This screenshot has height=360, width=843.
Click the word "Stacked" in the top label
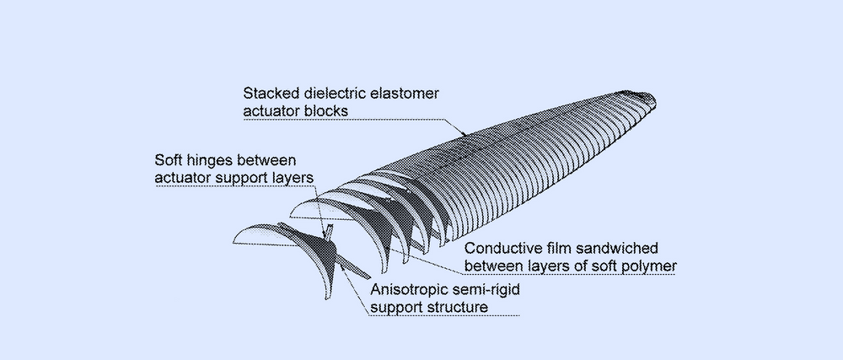[269, 92]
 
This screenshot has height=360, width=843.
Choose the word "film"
[564, 250]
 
